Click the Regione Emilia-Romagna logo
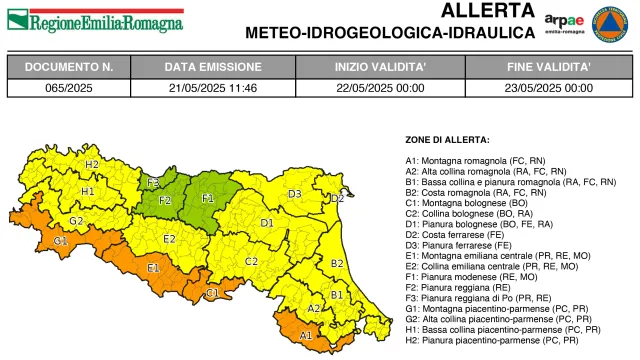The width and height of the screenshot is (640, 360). (94, 20)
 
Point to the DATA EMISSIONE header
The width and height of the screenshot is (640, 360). (209, 67)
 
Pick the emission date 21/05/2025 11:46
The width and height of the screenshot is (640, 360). (209, 88)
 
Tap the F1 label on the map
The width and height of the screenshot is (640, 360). (209, 199)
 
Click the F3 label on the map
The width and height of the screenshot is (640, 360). (153, 183)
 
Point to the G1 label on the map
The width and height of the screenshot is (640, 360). (61, 241)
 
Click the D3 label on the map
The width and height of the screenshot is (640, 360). (295, 194)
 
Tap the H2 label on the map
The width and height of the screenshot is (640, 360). (91, 164)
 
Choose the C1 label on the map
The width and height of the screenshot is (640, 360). (212, 293)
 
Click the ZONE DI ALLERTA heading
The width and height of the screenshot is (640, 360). (447, 139)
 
